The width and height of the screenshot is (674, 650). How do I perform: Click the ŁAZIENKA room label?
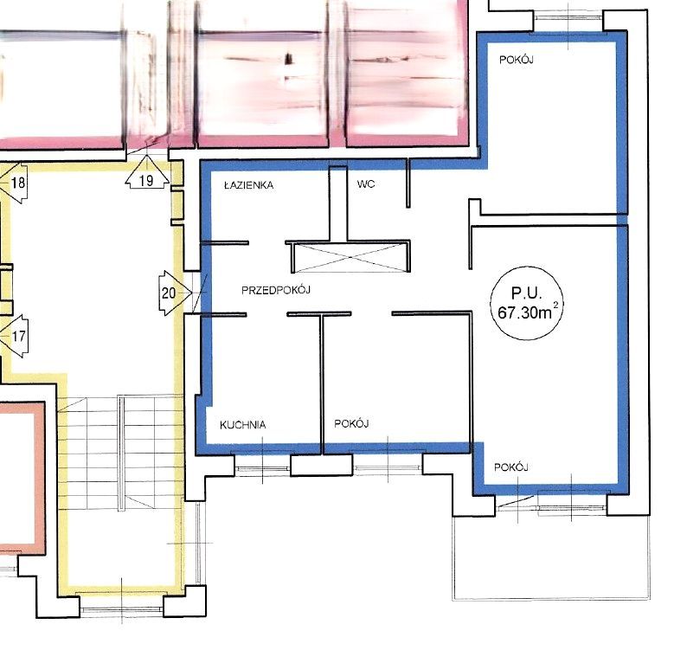click(x=249, y=185)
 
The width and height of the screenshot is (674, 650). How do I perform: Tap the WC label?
click(x=366, y=184)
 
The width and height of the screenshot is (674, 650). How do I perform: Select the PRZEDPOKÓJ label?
click(x=276, y=290)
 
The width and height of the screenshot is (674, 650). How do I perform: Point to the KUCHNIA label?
click(x=243, y=425)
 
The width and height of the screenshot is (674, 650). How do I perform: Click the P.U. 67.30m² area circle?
click(x=527, y=303)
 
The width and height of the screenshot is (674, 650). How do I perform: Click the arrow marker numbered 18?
click(x=14, y=183)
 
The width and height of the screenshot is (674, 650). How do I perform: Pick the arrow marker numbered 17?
click(x=15, y=336)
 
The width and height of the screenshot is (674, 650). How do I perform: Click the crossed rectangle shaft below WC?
click(x=350, y=257)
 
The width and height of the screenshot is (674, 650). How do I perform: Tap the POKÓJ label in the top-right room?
click(x=517, y=60)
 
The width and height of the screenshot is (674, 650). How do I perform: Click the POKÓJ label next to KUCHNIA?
click(x=351, y=423)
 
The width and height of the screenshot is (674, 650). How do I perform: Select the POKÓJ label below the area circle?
click(x=511, y=467)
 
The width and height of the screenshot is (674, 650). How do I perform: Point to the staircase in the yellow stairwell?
click(x=121, y=453)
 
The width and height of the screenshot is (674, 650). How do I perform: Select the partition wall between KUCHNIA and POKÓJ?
click(x=321, y=384)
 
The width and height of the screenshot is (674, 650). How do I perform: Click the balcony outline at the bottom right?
click(x=551, y=599)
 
